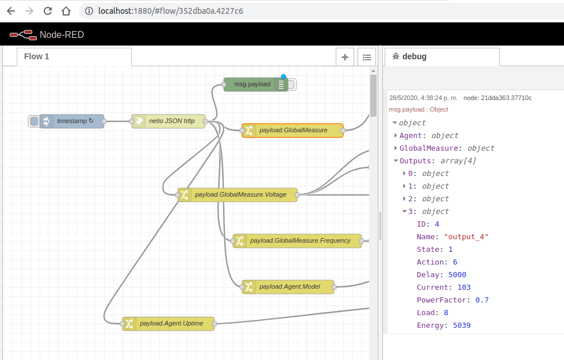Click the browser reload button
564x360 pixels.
click(48, 11)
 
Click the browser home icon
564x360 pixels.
click(67, 11)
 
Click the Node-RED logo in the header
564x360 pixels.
click(22, 35)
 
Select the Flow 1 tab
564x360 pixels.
click(37, 56)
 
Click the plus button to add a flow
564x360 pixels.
click(345, 57)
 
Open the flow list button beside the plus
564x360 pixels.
click(367, 57)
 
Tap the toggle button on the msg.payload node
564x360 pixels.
click(291, 85)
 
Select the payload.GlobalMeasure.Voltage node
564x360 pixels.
click(240, 194)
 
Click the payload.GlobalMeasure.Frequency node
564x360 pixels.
click(300, 241)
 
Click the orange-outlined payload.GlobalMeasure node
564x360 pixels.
click(293, 131)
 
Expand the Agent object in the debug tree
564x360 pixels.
click(396, 135)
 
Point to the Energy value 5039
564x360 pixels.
click(462, 325)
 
